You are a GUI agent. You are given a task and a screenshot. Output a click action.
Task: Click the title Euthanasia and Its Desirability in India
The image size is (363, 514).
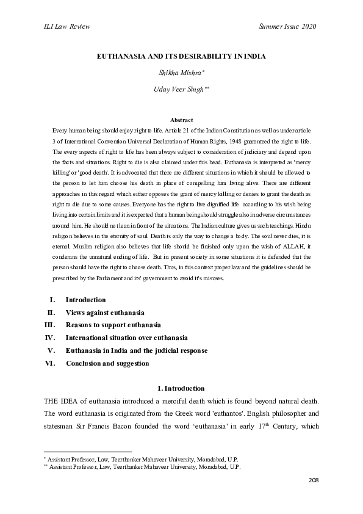tap(181, 56)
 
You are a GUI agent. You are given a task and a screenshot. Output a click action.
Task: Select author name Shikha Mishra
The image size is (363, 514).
tap(181, 73)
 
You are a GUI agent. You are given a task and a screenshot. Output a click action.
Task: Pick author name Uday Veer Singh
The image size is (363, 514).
tap(181, 89)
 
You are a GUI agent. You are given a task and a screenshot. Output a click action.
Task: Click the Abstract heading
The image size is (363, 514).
tap(181, 120)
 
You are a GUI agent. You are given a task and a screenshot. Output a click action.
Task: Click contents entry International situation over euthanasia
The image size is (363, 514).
tap(126, 338)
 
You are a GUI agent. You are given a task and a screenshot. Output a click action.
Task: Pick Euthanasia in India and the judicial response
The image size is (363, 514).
tap(136, 350)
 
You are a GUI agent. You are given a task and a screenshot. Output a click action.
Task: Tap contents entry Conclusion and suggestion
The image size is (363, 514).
tap(107, 363)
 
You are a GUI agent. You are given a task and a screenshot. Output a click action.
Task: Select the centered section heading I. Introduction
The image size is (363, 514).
tap(181, 388)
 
